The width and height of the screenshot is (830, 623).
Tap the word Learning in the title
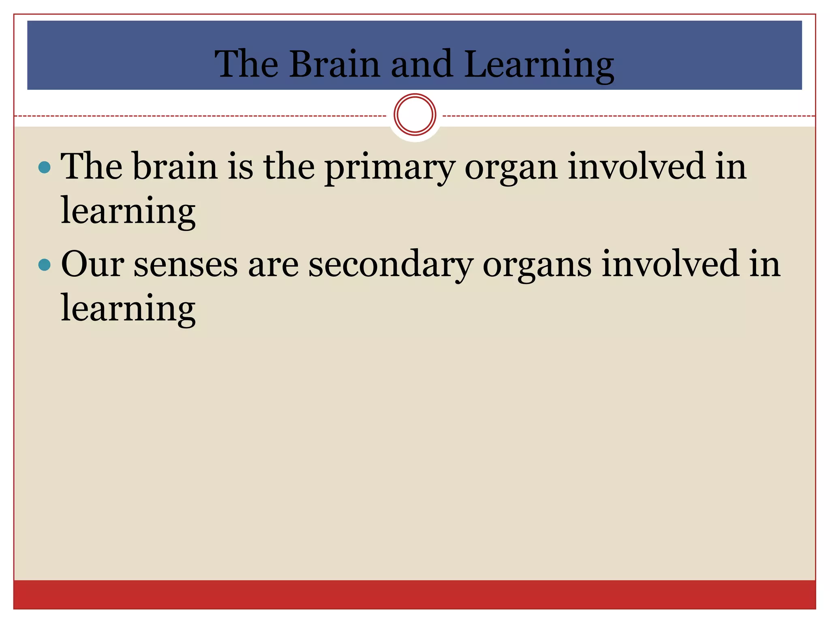pos(539,65)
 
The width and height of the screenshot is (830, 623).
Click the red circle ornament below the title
pos(415,114)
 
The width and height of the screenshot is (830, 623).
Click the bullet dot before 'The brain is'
pos(44,167)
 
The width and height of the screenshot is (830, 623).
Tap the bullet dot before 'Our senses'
pos(44,265)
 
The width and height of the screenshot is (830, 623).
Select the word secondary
pos(391,265)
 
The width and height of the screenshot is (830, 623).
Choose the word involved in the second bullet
pos(670,264)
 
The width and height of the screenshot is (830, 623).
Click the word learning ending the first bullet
pos(128,212)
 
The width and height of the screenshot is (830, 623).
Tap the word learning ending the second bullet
pos(128,309)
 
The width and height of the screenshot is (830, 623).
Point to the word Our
pos(92,264)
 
